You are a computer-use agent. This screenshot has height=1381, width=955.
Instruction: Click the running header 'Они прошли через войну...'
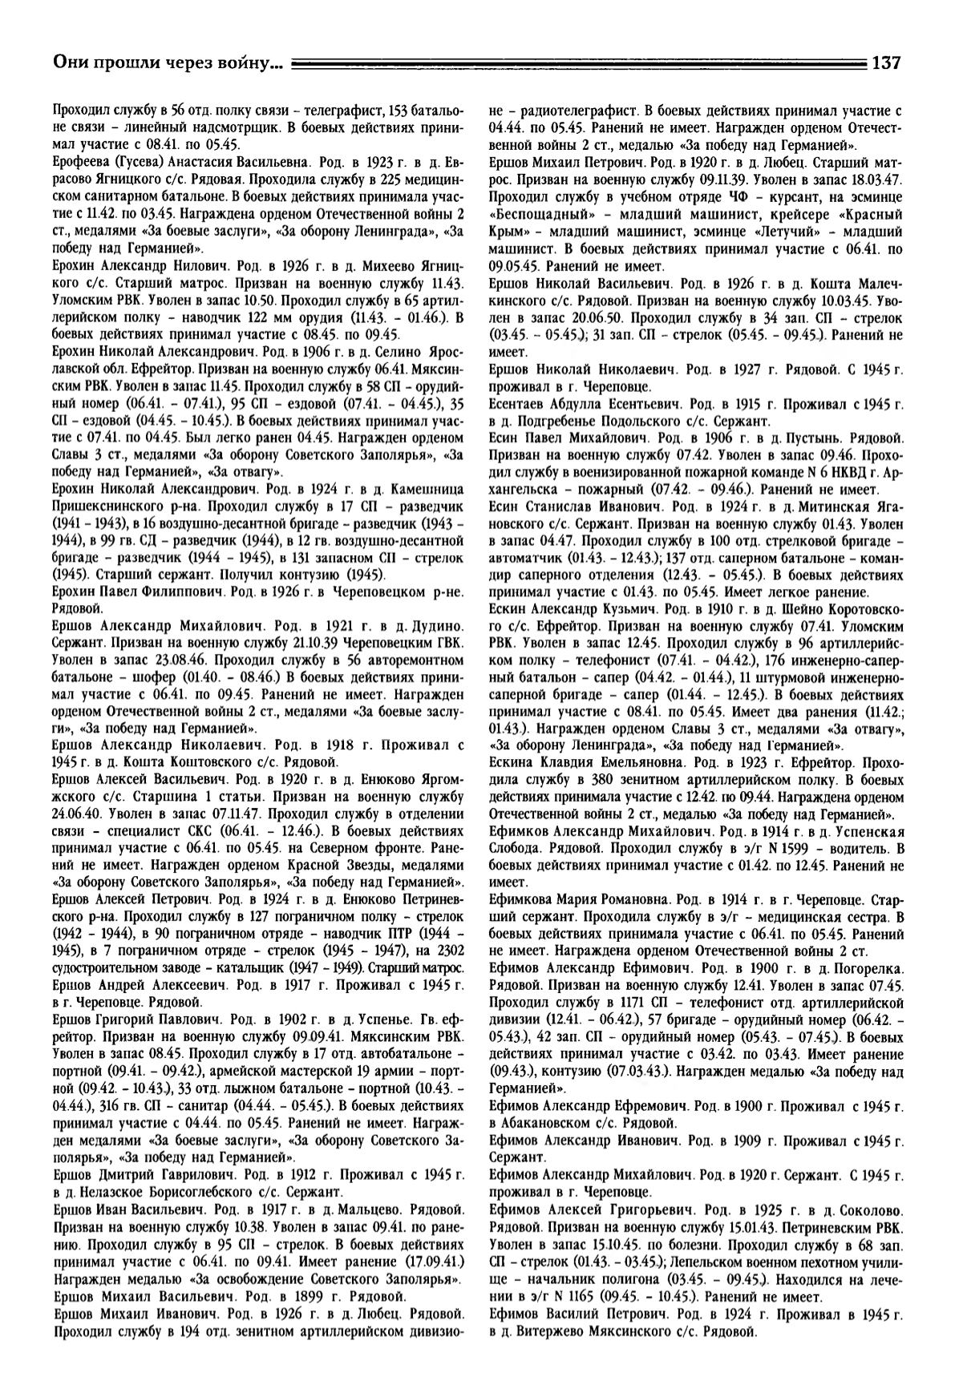167,62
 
